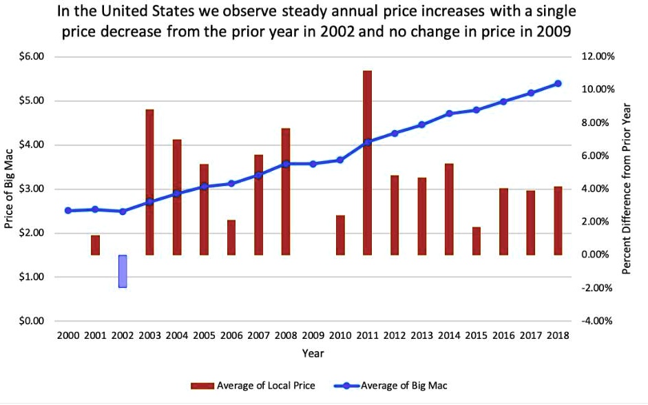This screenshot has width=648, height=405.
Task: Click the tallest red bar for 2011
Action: click(367, 163)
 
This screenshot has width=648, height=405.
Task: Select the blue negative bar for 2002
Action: click(123, 271)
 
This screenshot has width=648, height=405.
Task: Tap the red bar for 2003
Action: click(149, 182)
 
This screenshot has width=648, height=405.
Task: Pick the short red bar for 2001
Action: click(95, 245)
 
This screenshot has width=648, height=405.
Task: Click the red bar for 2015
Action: click(477, 241)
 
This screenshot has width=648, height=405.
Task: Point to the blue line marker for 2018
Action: click(558, 83)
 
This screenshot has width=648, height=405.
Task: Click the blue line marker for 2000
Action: click(68, 210)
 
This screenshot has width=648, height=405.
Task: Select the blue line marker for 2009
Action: click(313, 164)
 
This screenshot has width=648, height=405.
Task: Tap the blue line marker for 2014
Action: click(449, 114)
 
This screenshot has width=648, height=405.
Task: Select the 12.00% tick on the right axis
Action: click(596, 56)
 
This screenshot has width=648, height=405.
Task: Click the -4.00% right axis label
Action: click(596, 321)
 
